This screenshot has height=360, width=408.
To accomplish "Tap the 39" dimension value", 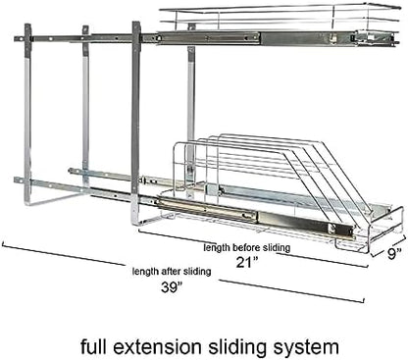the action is coord(172,287).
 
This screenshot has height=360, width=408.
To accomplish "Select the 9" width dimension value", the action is coord(394,253).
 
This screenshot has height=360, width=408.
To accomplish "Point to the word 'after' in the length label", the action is coord(171,271).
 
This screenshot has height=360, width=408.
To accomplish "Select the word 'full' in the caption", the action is coord(93,346).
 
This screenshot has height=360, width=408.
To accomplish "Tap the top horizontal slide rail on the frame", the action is coord(206,37).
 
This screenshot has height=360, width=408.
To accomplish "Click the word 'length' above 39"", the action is coord(145,272).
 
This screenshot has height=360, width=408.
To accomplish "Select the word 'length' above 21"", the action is coord(217,248).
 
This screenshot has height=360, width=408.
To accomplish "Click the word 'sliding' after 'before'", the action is coord(278,248).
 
